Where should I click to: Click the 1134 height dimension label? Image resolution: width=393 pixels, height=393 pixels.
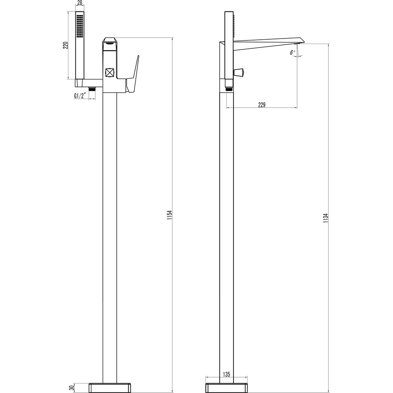click(325, 218)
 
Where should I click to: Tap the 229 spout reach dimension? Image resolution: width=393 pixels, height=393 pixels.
click(262, 105)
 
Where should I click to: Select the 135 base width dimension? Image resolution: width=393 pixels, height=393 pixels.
click(226, 375)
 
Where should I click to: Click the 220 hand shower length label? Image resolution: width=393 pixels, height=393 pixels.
click(66, 45)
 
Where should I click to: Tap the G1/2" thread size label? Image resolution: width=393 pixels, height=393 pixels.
click(80, 95)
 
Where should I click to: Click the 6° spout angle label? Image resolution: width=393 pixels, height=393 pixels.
click(292, 52)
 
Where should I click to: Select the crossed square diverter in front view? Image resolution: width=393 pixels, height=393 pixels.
click(110, 73)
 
